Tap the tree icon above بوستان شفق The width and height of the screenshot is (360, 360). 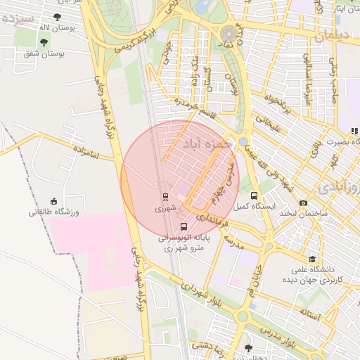(x=44, y=42)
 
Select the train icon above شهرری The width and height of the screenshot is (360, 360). (x=165, y=197)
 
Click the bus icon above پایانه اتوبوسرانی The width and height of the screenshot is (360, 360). (x=184, y=226)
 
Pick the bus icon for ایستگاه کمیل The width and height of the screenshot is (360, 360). (x=254, y=195)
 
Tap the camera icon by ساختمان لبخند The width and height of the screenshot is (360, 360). (x=303, y=203)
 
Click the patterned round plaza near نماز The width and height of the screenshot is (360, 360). (x=229, y=34)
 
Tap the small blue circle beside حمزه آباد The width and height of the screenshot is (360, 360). (x=243, y=142)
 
